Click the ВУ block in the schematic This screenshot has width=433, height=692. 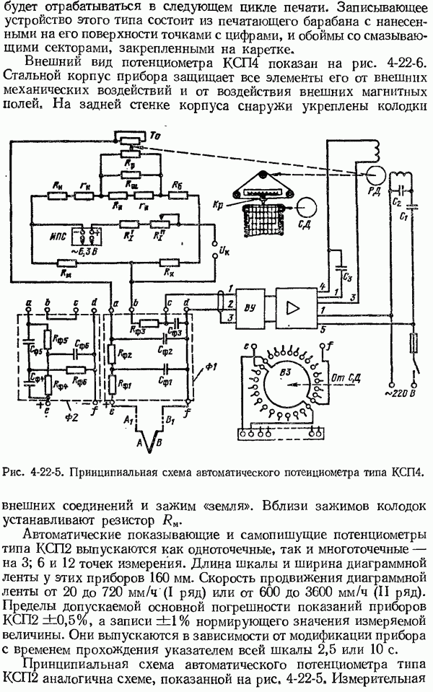tap(250, 305)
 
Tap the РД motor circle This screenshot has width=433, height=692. tap(374, 175)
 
